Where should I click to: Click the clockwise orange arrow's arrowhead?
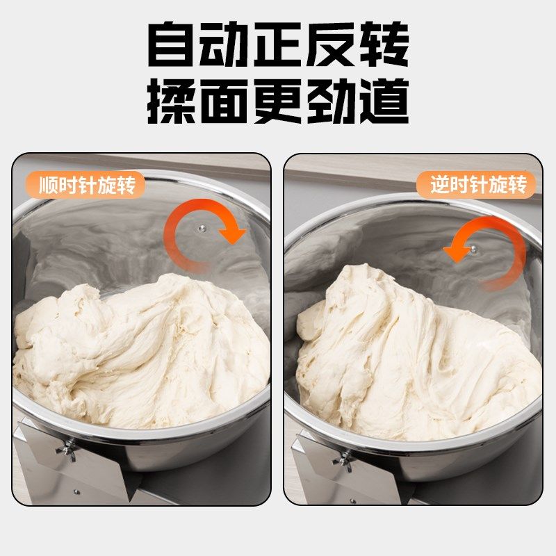[234, 234]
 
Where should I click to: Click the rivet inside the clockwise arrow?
[200, 227]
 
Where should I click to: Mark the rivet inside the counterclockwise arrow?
[474, 248]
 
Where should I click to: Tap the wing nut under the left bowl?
[68, 450]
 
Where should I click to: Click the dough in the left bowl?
[139, 354]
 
